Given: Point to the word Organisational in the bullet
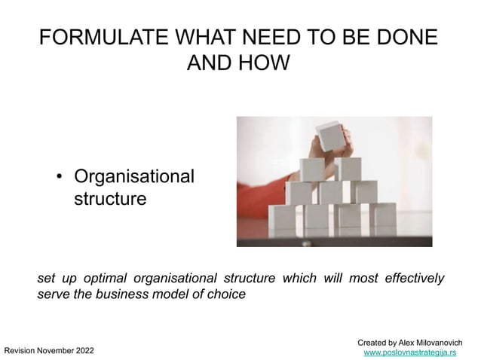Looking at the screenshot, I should pos(133,178).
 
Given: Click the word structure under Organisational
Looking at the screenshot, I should pos(105,200).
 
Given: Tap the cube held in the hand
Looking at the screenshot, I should pos(330,136).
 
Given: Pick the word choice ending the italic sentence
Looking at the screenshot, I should pos(226,294).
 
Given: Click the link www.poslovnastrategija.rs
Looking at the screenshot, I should pos(410,352).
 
